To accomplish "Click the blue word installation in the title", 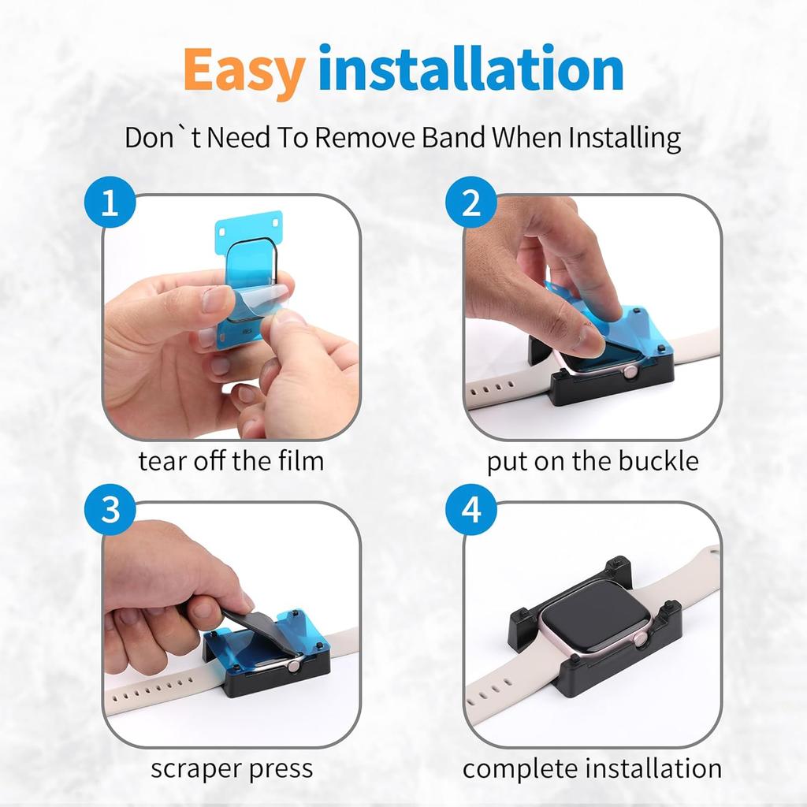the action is tap(471, 69).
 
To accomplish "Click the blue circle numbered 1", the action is tap(110, 203).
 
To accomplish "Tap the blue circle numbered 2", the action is tap(471, 203).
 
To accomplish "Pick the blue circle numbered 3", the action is tap(110, 510).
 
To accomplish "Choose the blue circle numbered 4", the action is tap(471, 510).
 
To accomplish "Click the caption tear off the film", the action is tap(231, 460).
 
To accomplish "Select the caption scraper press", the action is tap(232, 769).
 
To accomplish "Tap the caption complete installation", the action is tap(592, 769).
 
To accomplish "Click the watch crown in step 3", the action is tap(293, 667).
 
